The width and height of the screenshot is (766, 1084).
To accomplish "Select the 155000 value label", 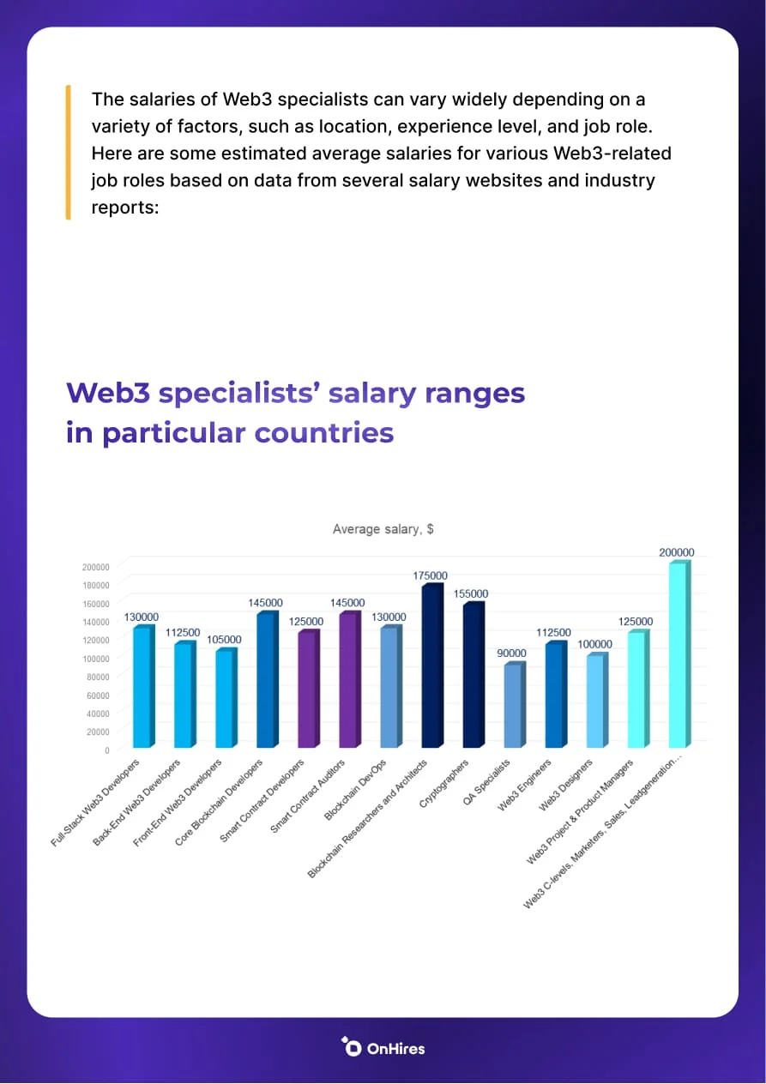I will [471, 593].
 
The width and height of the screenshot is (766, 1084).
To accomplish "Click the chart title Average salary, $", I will [383, 529].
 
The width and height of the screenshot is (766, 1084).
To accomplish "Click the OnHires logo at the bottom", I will [383, 1047].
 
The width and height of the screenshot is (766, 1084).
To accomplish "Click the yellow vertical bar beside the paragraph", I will [67, 152].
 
